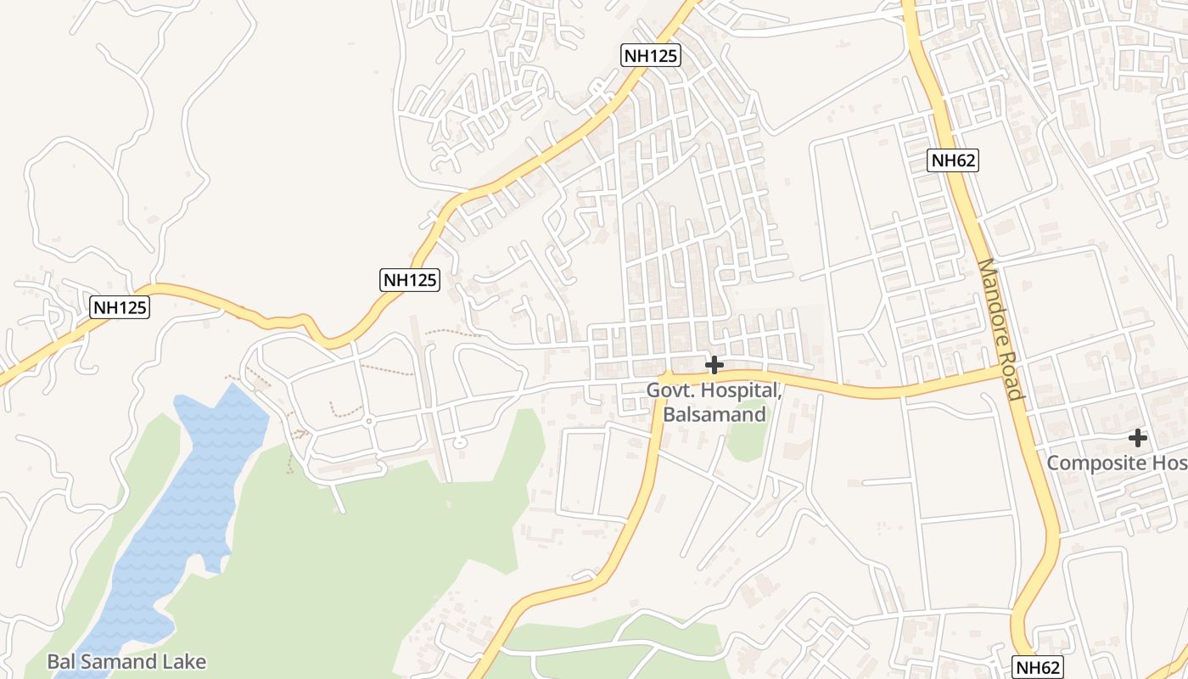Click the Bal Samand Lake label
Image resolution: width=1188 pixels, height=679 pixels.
126,661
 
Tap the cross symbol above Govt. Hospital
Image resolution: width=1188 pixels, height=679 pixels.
714,365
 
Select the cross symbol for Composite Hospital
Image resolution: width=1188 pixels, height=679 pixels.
1138,438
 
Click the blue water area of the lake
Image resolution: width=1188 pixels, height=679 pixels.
187,509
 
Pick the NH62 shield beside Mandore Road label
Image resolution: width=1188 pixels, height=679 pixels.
953,160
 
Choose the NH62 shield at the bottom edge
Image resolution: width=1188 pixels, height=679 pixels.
1037,666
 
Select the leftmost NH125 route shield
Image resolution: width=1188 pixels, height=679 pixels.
120,307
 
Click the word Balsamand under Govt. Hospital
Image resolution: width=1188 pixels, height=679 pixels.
714,414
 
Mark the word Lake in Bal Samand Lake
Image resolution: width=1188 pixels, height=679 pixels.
186,661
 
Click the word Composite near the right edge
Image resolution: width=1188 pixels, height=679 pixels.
1095,463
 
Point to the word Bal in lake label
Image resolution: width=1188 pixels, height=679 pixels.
61,661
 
